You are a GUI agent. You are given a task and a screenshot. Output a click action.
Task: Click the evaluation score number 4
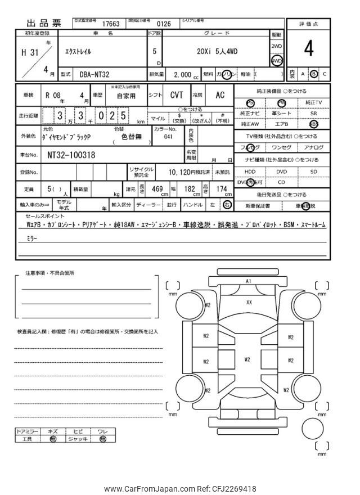point(308,49)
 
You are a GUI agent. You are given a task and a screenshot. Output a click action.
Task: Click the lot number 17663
point(110,24)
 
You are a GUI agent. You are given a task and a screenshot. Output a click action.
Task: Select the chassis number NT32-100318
point(71,154)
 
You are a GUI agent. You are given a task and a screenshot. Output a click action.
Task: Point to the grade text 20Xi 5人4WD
point(219,52)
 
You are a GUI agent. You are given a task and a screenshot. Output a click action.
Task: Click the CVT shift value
point(177,96)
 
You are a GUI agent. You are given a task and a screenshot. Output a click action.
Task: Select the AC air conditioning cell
point(220,96)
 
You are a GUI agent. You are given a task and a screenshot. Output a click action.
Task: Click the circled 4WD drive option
point(277,60)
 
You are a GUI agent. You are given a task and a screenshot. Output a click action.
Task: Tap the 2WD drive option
point(277,46)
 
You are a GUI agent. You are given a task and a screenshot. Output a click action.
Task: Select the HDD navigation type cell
point(250,172)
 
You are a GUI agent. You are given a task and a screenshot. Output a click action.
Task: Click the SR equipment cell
point(313,113)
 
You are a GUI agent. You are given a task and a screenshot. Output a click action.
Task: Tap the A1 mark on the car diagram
point(249,280)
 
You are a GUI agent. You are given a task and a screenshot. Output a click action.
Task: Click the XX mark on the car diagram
point(249,302)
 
